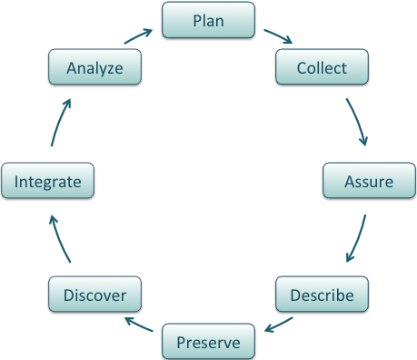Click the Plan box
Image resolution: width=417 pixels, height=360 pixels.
(x=208, y=20)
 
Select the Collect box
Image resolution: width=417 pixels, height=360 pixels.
(x=321, y=67)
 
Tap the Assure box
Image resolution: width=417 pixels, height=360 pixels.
(x=369, y=181)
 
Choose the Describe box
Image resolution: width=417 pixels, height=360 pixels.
(x=321, y=295)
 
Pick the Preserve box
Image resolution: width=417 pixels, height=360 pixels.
(x=208, y=342)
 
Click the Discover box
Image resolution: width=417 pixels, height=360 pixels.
(x=94, y=295)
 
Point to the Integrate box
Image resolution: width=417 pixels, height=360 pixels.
(x=48, y=182)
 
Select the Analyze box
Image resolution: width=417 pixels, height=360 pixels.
(x=94, y=67)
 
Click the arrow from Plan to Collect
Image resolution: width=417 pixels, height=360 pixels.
(x=278, y=37)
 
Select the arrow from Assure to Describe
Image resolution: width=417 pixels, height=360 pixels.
(x=358, y=240)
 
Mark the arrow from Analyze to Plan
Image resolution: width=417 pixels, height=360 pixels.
(x=137, y=37)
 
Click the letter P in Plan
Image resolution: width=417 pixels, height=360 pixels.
(x=195, y=20)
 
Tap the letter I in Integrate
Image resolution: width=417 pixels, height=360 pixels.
(x=16, y=182)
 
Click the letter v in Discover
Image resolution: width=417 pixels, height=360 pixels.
(x=107, y=295)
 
